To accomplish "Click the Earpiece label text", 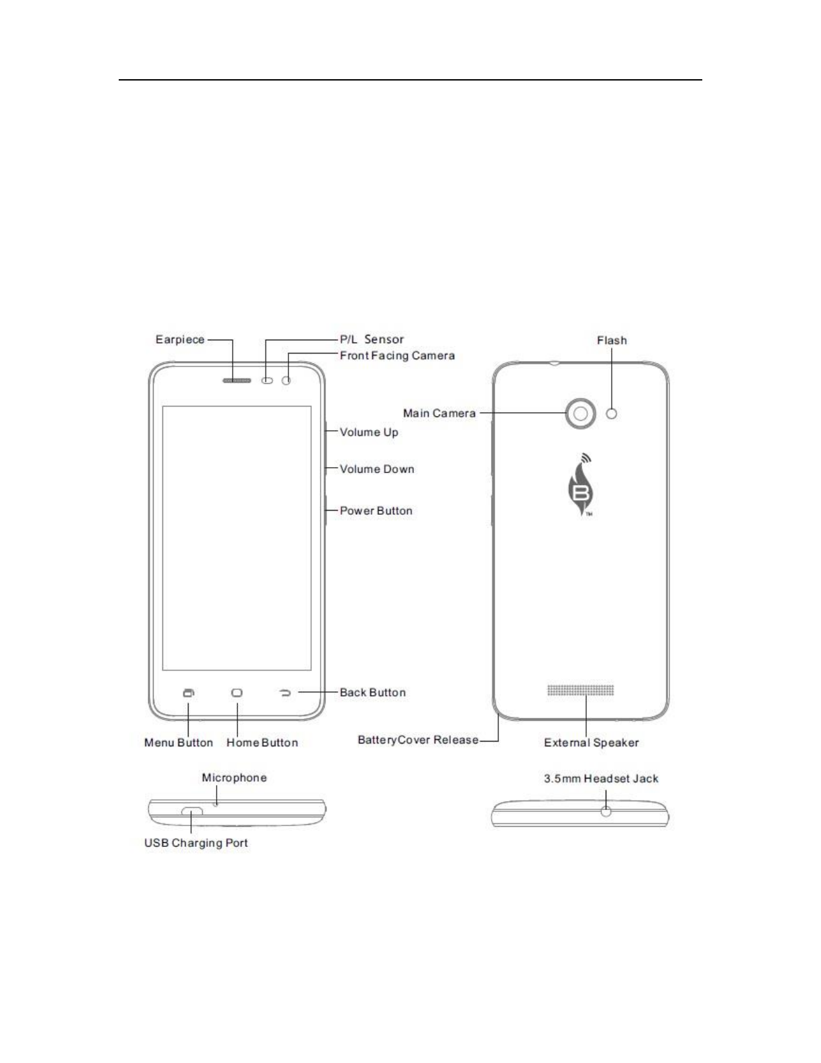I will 180,340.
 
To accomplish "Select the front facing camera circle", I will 287,381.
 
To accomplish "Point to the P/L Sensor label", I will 372,340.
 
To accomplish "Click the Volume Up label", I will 369,432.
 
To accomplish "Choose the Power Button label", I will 376,511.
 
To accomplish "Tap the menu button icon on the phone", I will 189,693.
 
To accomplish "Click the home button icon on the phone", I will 237,693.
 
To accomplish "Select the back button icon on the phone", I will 285,693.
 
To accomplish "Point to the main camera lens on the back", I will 580,413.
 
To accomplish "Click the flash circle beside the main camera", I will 611,413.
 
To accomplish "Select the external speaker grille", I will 580,690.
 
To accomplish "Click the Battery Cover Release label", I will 418,740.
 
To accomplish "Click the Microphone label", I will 234,778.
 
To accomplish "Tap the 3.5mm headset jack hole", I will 606,811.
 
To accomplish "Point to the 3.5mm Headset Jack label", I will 601,778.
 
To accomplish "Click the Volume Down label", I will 377,469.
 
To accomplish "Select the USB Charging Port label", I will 196,843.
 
